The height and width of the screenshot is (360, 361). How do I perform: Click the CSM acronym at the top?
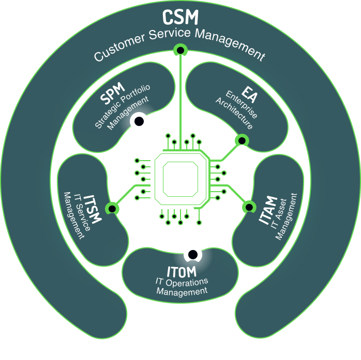[180, 17]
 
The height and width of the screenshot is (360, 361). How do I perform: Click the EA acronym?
[249, 97]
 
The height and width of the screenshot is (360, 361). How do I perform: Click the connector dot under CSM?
[180, 50]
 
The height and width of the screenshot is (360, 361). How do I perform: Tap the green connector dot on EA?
[240, 139]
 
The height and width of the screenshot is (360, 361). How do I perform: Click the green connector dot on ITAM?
[249, 207]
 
